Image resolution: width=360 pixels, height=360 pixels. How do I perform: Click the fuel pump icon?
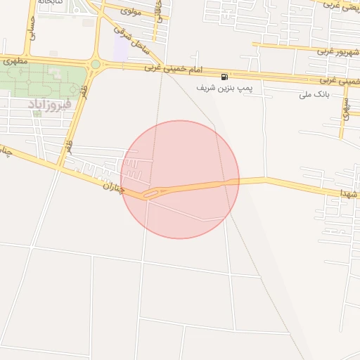click(x=224, y=76)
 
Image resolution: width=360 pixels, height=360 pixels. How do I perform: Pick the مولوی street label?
click(x=131, y=11)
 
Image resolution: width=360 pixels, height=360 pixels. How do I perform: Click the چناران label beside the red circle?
click(x=113, y=186)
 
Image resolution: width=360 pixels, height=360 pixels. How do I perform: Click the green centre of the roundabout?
click(x=95, y=64)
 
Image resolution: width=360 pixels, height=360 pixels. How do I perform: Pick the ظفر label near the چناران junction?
click(x=68, y=146)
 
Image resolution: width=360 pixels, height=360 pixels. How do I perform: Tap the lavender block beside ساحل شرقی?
click(x=121, y=49)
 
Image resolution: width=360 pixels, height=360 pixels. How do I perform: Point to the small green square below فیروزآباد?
click(x=56, y=113)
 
